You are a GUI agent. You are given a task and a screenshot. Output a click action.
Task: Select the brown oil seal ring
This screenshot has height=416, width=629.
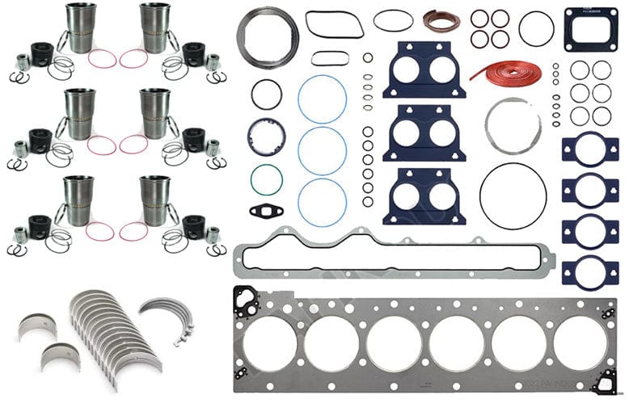tap(441, 20)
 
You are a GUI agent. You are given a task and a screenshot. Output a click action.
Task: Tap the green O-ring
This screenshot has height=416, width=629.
tap(266, 179)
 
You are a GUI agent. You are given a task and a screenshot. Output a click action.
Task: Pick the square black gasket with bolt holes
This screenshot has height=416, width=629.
tap(590, 27)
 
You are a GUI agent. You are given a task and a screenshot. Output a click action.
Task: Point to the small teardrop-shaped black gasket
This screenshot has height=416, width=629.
tap(265, 212)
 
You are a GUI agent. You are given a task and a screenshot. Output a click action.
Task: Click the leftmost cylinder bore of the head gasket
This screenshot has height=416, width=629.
tap(269, 342)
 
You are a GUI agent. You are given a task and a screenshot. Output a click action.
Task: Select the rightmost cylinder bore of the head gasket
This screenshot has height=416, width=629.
tap(580, 342)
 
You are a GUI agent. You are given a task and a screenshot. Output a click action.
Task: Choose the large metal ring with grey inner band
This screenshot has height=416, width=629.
tap(267, 36)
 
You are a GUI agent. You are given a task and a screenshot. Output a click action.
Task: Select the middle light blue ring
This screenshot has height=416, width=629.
tap(322, 149)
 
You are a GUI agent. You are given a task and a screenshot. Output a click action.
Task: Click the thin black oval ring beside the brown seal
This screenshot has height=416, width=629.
tap(393, 20)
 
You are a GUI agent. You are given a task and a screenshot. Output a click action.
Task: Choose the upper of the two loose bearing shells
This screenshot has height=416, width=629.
tap(38, 325)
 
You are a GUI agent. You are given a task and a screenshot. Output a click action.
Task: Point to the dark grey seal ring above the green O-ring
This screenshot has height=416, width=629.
tap(266, 136)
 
